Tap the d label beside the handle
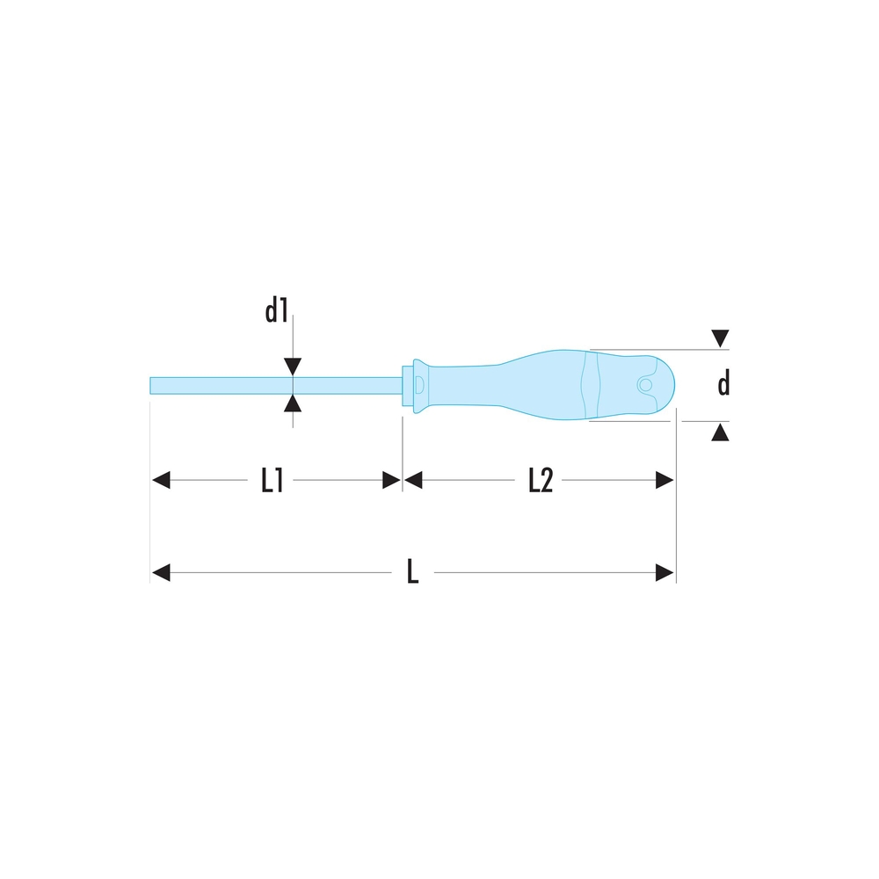coord(723,384)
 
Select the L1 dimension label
coord(272,481)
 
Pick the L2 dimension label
coord(541,481)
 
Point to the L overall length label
coord(412,572)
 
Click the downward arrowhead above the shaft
coord(293,367)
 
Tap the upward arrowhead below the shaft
coord(293,403)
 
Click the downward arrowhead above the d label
coord(721,338)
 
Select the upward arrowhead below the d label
coord(721,432)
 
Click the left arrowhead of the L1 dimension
coord(161,480)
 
